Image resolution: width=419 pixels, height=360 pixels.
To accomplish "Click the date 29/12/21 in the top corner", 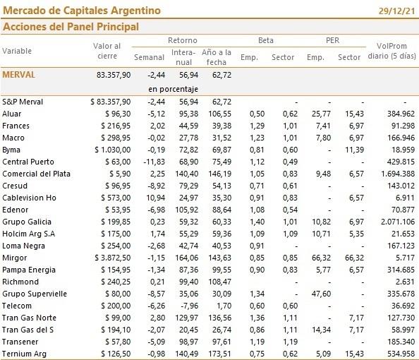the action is tap(396, 11).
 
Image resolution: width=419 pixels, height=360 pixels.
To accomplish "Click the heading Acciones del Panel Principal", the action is tap(71, 27).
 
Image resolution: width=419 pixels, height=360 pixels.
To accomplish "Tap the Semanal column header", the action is tap(149, 57).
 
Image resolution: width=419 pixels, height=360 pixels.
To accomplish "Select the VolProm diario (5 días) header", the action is tap(391, 51).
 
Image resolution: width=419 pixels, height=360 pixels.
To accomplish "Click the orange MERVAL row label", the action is tap(19, 75).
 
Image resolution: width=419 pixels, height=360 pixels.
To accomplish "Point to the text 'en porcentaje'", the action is tap(173, 89).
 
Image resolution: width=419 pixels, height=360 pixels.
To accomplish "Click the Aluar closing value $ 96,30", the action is tap(118, 114).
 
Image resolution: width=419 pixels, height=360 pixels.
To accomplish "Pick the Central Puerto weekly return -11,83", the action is tap(154, 162).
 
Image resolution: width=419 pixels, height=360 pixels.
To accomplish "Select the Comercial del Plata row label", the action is tap(37, 174).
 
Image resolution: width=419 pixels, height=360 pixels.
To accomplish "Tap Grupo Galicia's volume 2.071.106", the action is tap(398, 222).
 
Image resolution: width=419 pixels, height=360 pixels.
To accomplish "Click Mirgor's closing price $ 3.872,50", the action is tap(113, 258).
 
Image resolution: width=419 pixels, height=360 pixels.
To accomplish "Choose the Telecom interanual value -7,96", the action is tap(190, 306).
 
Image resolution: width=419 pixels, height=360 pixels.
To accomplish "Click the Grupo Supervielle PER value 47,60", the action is tap(321, 294).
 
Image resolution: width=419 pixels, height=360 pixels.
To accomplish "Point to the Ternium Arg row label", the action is tap(24, 354).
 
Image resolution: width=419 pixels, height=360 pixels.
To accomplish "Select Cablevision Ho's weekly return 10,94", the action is tap(155, 198).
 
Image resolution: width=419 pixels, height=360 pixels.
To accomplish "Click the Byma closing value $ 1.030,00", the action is tap(113, 150).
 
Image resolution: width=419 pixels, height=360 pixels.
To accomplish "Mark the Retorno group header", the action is tap(183, 40).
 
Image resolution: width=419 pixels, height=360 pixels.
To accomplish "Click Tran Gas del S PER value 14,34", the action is tap(321, 330).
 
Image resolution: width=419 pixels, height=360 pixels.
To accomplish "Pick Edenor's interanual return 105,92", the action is tap(187, 210).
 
